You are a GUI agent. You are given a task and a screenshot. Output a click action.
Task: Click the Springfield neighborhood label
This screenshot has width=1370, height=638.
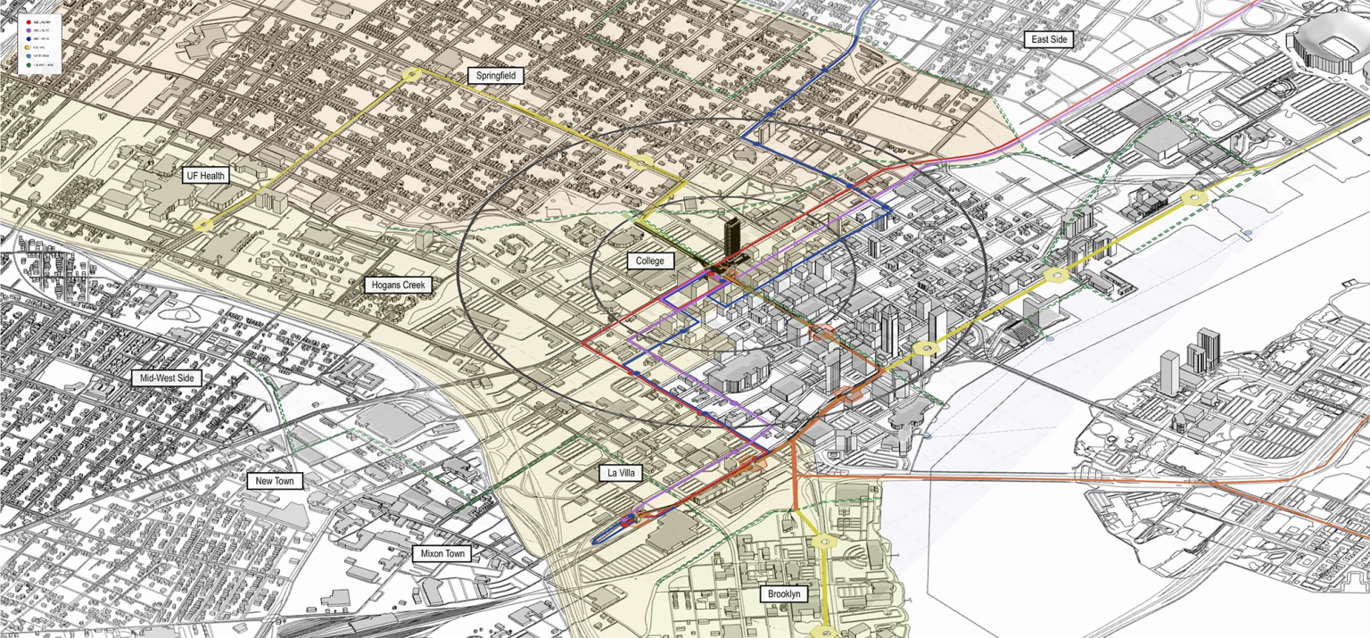click(495, 76)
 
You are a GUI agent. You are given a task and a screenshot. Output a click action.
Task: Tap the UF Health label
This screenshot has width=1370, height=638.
click(205, 176)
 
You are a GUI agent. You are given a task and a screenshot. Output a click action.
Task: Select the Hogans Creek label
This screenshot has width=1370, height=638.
click(399, 286)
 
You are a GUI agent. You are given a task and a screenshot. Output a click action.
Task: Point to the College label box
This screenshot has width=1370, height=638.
click(649, 261)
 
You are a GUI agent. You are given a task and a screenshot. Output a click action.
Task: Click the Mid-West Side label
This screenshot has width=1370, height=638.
click(166, 378)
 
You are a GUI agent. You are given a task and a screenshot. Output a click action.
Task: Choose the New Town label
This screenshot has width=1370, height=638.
click(275, 481)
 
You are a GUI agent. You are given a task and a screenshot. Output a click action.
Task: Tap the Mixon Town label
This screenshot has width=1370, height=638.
click(443, 554)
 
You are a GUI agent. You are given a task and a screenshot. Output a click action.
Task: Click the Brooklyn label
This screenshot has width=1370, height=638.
click(784, 593)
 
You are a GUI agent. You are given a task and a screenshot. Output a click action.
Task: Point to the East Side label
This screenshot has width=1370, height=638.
click(1048, 40)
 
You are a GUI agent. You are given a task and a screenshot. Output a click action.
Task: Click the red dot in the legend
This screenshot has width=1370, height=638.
click(29, 22)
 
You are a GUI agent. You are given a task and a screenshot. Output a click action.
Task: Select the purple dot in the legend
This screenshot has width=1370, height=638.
click(29, 30)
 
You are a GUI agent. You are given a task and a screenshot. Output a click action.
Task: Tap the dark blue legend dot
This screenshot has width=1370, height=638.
click(29, 38)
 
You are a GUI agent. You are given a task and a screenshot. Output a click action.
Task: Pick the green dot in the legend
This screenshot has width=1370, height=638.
click(29, 65)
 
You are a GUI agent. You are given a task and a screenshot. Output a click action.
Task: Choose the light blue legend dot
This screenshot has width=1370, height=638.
click(29, 55)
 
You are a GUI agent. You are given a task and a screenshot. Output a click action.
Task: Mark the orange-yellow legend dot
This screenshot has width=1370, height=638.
click(27, 47)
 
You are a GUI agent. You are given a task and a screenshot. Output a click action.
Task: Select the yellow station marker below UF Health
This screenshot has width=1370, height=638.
click(203, 225)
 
